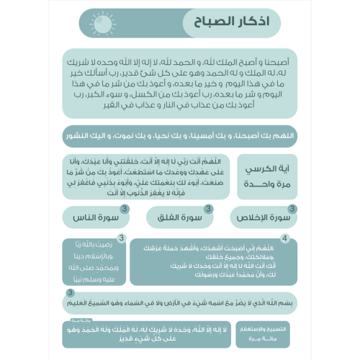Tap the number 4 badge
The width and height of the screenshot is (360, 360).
point(286,238)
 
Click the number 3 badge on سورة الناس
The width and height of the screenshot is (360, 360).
point(123,209)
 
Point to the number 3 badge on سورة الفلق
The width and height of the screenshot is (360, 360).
point(208,209)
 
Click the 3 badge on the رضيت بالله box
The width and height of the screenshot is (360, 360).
point(122,238)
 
